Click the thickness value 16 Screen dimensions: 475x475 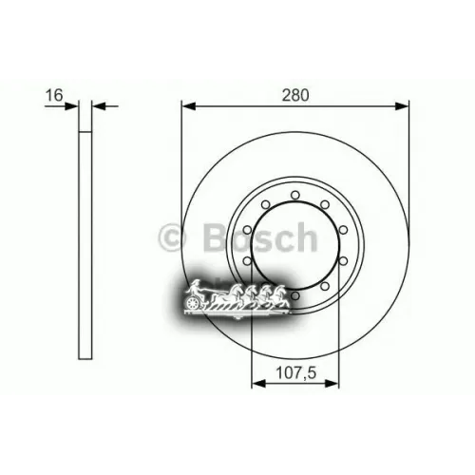point(53,94)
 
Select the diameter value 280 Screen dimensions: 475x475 point(296,94)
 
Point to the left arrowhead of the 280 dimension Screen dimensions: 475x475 point(185,106)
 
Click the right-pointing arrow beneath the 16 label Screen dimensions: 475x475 point(72,106)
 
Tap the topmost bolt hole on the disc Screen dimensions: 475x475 point(295,195)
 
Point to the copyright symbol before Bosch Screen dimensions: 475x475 point(171,237)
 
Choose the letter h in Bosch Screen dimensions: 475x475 point(305,237)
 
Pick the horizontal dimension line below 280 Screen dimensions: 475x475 point(294,106)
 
